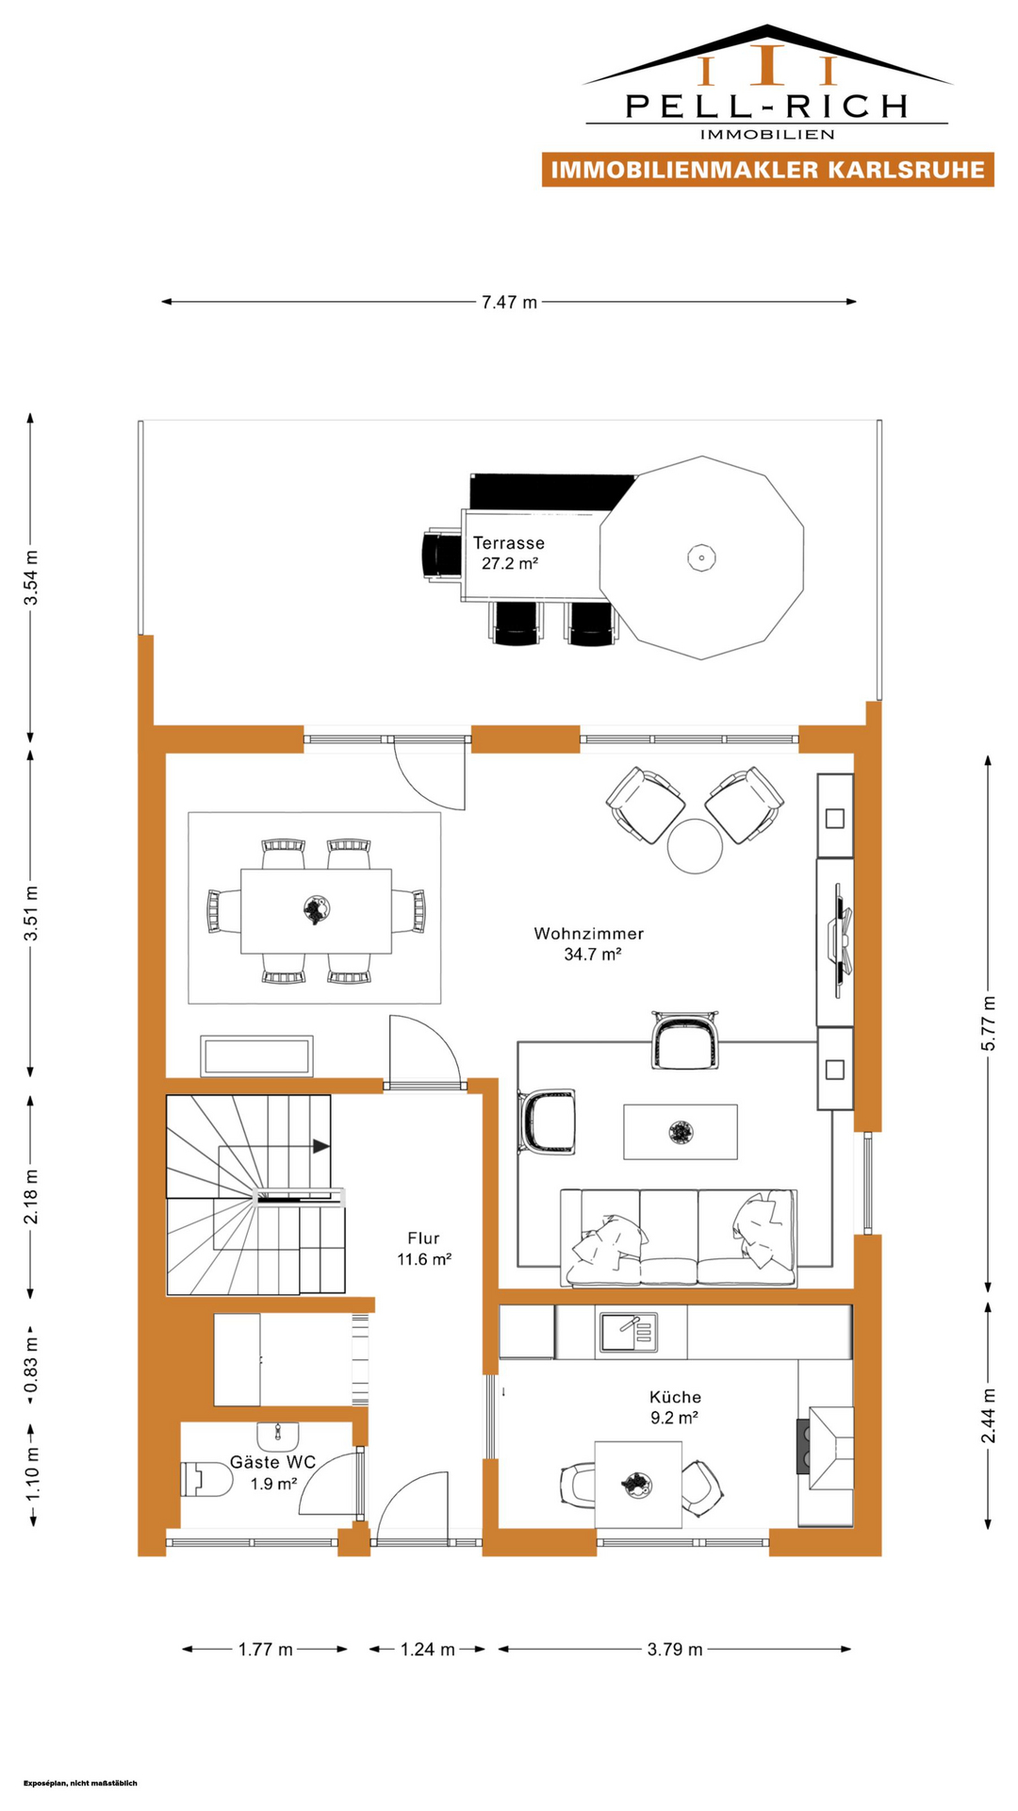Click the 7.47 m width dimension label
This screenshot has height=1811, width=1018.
pos(509,302)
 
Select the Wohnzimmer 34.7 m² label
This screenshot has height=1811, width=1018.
pos(589,943)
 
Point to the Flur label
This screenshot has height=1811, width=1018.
pos(423,1238)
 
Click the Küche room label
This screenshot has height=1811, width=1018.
pos(675,1397)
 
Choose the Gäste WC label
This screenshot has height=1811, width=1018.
pos(272,1462)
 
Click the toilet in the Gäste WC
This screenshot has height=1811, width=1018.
pos(206,1479)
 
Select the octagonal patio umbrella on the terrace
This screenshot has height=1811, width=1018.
pos(702,557)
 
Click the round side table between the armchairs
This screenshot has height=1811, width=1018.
pos(695,846)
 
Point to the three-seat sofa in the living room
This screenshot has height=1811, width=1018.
pos(679,1237)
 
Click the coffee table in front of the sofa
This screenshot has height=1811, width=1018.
pos(681,1131)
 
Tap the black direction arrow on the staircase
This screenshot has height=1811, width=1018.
pos(321,1146)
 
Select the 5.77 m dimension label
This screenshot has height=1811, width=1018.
pos(988,1023)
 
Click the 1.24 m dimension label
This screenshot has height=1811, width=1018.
pos(427,1649)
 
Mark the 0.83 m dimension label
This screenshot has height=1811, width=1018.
pos(31,1364)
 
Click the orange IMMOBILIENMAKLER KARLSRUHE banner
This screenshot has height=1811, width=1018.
pos(768,170)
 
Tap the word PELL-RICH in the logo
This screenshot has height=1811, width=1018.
pos(767,106)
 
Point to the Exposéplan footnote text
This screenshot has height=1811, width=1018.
pos(80,1783)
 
